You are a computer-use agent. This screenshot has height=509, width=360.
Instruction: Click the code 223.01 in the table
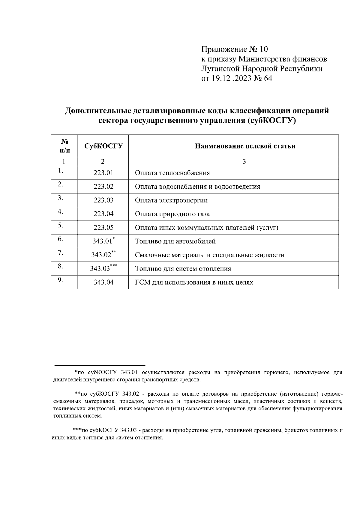click(103, 173)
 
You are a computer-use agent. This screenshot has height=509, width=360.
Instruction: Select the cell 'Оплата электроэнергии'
click(171, 200)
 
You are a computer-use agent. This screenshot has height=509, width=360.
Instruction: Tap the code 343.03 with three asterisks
click(103, 268)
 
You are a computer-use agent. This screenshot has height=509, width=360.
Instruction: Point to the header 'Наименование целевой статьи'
click(245, 146)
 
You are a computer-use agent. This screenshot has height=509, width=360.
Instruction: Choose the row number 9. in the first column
click(61, 280)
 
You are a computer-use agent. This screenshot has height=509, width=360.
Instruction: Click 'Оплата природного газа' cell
click(172, 214)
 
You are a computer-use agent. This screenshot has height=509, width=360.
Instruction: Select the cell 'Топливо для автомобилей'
click(175, 241)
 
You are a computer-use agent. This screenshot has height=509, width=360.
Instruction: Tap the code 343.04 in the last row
click(103, 282)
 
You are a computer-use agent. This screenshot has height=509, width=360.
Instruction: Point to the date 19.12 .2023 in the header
click(231, 79)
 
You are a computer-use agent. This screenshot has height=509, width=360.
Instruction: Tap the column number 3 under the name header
click(244, 162)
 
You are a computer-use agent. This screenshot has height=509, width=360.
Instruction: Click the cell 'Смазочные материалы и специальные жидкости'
click(209, 255)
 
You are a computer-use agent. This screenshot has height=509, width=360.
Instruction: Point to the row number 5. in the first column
click(61, 225)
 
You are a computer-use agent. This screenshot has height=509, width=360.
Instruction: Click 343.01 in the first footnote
click(129, 372)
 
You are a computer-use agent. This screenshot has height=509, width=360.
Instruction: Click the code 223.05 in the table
click(103, 228)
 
